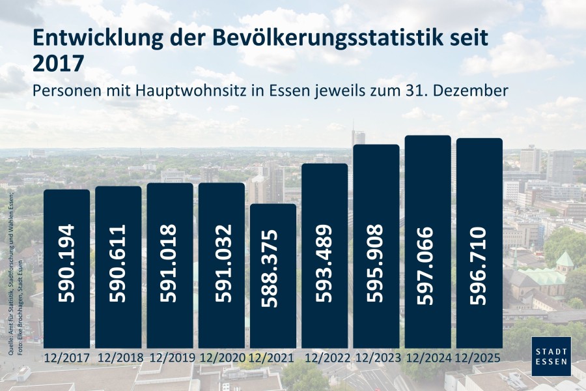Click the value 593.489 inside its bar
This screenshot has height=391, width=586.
[x=324, y=263]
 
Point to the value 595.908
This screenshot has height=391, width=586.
[x=376, y=263]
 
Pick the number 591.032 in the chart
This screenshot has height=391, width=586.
[x=221, y=263]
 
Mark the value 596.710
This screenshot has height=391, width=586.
[x=479, y=263]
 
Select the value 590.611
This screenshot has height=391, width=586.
[x=119, y=263]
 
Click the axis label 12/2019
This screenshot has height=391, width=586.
[x=169, y=358]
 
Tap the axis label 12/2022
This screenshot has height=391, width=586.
[x=324, y=358]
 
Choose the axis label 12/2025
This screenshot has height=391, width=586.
[x=479, y=358]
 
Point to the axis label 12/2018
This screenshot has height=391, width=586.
[x=119, y=358]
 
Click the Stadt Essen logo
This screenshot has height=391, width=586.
[x=551, y=356]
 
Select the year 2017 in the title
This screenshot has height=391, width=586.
[x=58, y=64]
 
